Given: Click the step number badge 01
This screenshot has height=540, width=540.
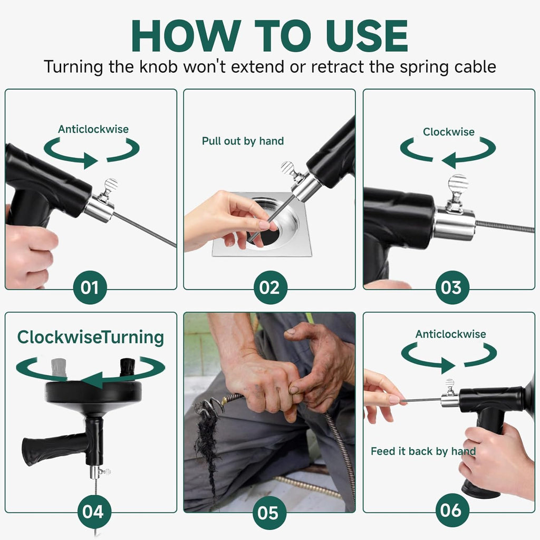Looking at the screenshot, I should click(x=90, y=287).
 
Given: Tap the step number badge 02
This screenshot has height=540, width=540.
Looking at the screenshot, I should click(x=269, y=287).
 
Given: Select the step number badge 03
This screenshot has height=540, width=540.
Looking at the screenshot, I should click(x=452, y=287).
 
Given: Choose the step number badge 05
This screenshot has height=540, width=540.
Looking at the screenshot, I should click(x=269, y=512).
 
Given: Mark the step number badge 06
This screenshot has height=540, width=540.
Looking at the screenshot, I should click(x=452, y=511).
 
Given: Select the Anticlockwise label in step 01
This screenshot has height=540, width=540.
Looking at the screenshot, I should click(x=93, y=129).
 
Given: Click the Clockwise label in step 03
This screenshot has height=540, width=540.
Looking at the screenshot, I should click(x=448, y=132).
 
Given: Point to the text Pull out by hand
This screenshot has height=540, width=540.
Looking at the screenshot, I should click(x=243, y=141).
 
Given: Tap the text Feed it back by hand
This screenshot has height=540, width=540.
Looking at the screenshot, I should click(x=423, y=451).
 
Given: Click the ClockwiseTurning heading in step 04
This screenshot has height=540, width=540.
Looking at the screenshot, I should click(x=90, y=337).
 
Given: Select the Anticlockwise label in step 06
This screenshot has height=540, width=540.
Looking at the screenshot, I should click(x=450, y=334).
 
